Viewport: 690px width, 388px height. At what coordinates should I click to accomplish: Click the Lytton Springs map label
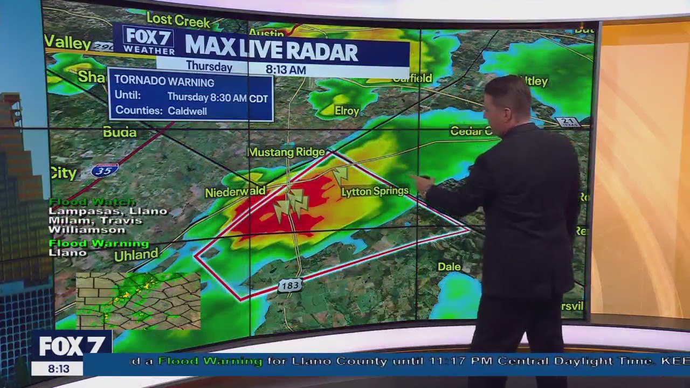375,191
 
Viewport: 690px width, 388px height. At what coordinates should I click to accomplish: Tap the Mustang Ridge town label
286,153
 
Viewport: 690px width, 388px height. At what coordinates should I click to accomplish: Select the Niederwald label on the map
235,192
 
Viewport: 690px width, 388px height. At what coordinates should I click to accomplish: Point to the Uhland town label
136,254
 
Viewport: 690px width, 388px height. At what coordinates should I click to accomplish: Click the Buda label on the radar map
120,133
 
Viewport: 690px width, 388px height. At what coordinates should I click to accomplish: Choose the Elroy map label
347,111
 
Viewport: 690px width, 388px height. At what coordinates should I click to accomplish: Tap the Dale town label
449,267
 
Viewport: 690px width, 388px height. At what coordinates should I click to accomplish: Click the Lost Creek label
178,21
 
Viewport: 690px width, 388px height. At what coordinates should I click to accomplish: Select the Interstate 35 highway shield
105,171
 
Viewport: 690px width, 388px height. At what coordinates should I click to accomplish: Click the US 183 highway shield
290,286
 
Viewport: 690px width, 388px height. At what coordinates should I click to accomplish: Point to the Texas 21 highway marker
567,122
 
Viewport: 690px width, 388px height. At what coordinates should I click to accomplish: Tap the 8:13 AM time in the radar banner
286,70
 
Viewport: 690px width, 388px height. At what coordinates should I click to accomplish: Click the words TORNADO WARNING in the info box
164,82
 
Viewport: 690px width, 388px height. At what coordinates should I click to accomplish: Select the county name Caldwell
187,111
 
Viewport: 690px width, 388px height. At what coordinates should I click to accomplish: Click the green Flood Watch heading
92,202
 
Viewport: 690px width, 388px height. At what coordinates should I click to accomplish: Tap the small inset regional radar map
138,301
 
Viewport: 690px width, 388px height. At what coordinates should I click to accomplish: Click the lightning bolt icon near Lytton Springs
340,175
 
